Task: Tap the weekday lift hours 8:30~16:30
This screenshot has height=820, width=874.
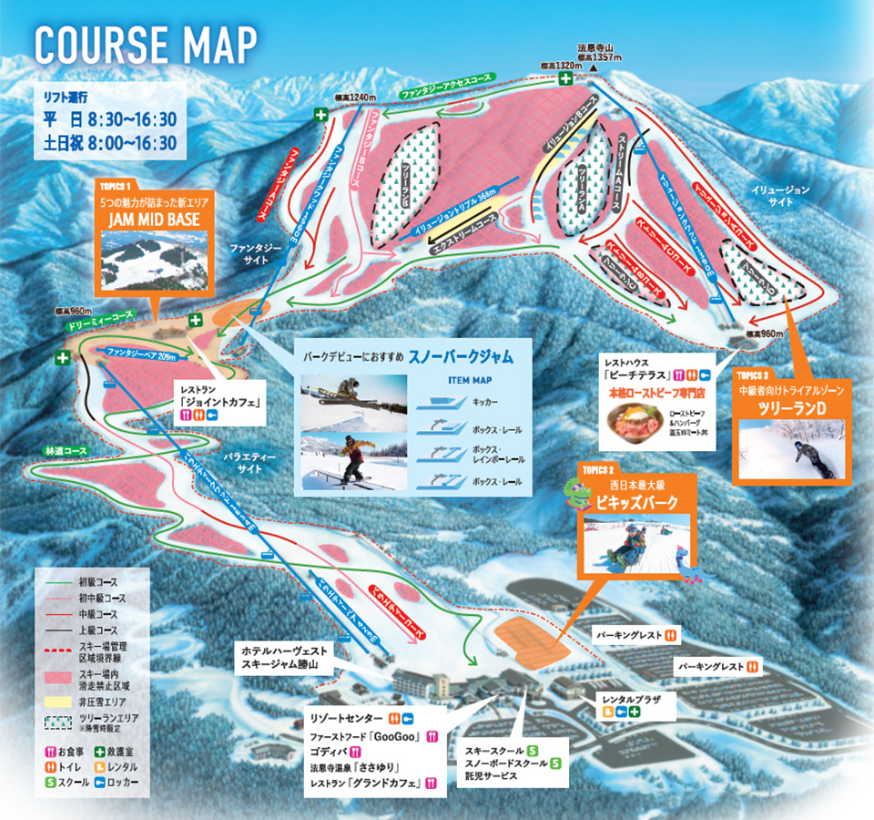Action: click(122, 118)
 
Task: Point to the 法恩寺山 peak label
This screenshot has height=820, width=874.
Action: click(597, 47)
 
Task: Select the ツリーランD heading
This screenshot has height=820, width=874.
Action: click(791, 409)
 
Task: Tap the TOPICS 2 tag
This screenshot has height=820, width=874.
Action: click(596, 469)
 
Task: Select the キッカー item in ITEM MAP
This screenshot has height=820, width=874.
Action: click(484, 402)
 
